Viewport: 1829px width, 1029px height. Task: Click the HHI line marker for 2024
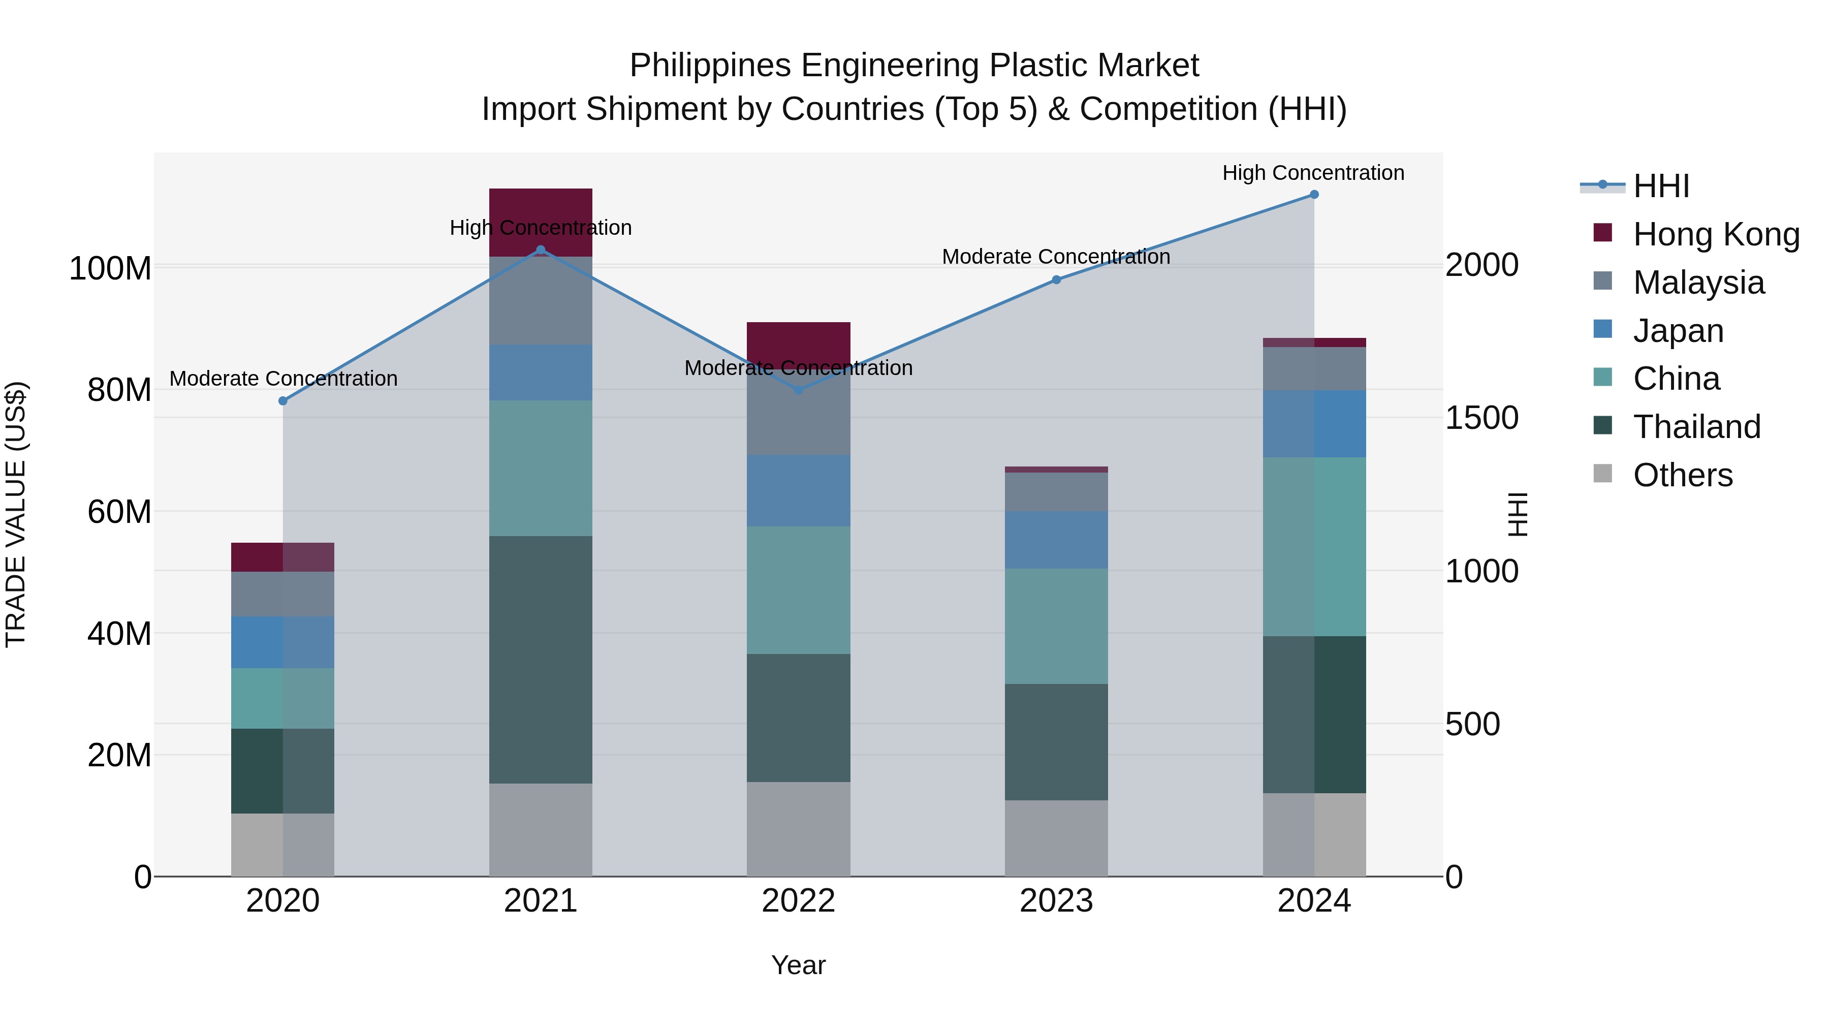[x=1313, y=195]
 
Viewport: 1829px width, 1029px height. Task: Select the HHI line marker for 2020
[x=282, y=401]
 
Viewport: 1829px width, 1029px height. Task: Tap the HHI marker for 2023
[x=1056, y=280]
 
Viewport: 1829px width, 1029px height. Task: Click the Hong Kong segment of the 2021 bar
[x=541, y=213]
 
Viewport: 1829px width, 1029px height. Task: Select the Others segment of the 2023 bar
[x=1056, y=838]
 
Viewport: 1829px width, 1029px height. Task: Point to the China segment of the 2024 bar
[x=1313, y=546]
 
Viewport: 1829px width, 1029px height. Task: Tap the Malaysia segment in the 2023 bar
[x=1056, y=491]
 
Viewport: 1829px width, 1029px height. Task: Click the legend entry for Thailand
[x=1696, y=427]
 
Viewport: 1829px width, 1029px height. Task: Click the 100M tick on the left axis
[x=110, y=268]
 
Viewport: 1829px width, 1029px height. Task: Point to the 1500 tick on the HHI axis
[x=1482, y=418]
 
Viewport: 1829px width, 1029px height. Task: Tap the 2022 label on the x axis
[x=798, y=901]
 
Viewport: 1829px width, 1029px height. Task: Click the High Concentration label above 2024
[x=1313, y=173]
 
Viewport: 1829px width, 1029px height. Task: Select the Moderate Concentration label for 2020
[x=283, y=379]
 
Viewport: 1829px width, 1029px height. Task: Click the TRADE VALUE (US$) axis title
[x=16, y=514]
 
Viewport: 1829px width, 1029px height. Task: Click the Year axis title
[x=798, y=965]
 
